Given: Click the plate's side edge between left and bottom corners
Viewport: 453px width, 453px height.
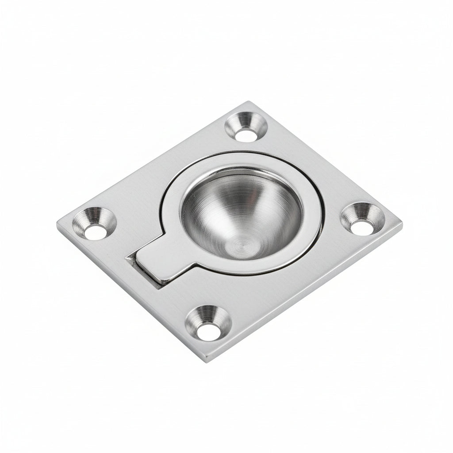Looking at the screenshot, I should click(x=131, y=296).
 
